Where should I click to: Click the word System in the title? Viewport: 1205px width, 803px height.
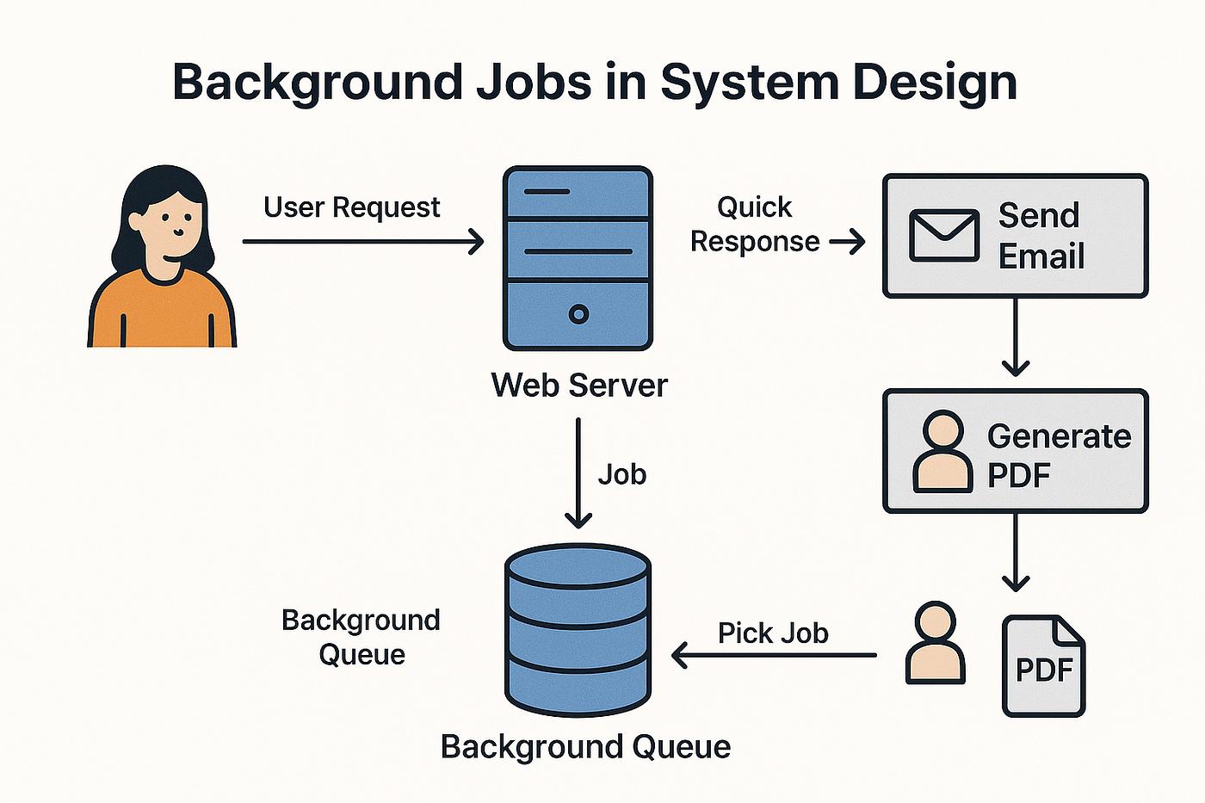747,83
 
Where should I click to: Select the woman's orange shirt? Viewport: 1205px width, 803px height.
162,314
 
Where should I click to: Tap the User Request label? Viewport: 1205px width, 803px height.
351,207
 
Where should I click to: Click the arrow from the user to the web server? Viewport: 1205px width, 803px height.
361,242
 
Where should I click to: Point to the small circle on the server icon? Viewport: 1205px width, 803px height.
578,314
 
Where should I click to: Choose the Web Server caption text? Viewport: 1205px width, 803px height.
578,385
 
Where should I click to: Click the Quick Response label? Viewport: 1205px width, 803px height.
755,224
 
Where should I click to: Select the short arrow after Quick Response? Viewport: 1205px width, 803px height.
847,243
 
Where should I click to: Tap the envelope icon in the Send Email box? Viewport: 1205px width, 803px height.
944,235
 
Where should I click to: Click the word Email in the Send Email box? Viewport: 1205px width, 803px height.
1041,256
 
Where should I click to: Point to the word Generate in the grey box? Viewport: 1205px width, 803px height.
1059,436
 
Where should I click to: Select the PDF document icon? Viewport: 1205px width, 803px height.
1043,665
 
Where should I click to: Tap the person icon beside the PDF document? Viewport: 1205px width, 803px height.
936,643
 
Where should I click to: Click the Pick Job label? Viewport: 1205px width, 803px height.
773,633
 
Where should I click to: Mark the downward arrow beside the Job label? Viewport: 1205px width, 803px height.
578,473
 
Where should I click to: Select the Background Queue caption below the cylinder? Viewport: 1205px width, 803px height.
585,746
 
